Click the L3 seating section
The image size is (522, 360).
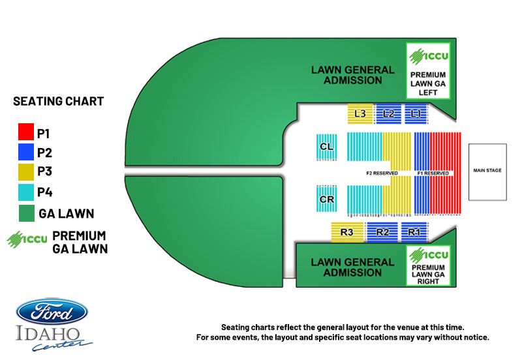360,113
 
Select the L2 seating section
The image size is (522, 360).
389,113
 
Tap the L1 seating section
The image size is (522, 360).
416,113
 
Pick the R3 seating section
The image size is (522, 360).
346,232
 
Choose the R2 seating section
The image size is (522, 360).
382,232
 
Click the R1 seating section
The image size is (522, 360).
414,232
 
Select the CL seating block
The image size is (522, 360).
327,147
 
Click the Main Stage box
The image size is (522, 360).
487,171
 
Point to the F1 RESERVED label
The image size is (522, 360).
433,173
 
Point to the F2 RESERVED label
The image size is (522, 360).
382,173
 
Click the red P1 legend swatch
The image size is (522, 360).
25,133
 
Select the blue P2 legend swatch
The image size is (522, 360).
25,153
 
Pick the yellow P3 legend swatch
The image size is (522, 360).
25,172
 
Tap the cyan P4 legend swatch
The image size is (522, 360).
25,192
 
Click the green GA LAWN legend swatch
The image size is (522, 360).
25,213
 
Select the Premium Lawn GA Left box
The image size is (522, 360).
427,70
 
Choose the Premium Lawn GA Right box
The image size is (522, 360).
427,267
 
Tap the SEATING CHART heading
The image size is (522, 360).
59,102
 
